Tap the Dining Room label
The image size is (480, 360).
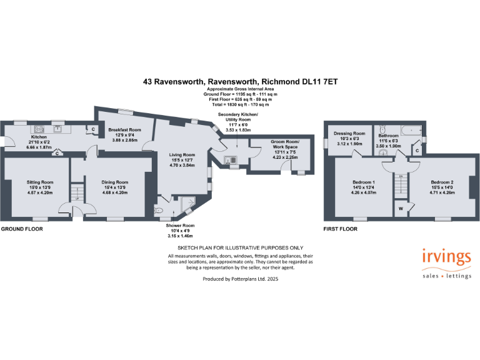pyautogui.click(x=115, y=182)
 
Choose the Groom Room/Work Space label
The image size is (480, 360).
pyautogui.click(x=285, y=142)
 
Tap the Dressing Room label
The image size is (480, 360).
pyautogui.click(x=350, y=133)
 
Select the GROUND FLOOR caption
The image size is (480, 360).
pyautogui.click(x=21, y=229)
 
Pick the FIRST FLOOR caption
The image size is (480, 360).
pyautogui.click(x=340, y=229)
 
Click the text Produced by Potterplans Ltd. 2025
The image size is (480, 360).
pyautogui.click(x=241, y=279)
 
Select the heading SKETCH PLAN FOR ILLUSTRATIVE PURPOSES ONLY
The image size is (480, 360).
pyautogui.click(x=240, y=247)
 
